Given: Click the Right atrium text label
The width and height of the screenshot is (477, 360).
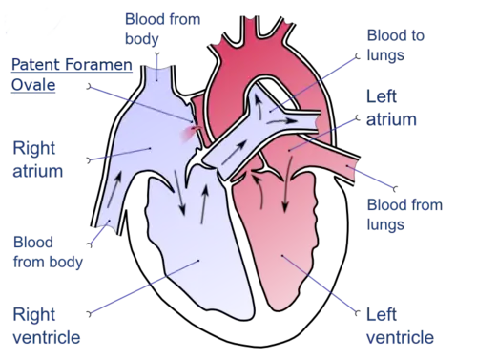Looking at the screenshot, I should [x=37, y=160].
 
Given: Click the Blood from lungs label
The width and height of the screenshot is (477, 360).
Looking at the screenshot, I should [x=395, y=217].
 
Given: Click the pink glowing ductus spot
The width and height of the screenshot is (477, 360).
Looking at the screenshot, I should [x=197, y=134].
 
